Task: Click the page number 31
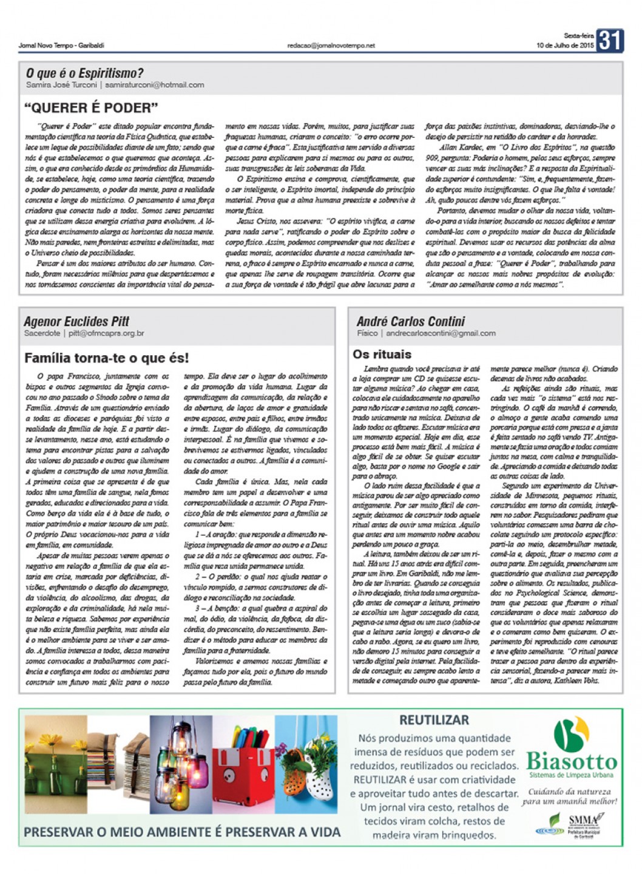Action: click(x=609, y=41)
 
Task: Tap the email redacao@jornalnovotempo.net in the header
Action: click(x=331, y=46)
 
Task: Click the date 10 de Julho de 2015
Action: click(x=564, y=46)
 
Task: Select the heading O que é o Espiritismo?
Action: click(x=84, y=73)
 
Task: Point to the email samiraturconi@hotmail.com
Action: click(x=154, y=85)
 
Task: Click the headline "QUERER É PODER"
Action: click(x=91, y=108)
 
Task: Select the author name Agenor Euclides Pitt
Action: click(x=76, y=321)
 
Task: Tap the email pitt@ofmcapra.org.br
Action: click(x=106, y=333)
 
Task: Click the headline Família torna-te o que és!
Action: click(x=107, y=358)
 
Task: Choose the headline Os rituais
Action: click(x=382, y=355)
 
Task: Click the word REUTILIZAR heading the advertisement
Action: click(x=434, y=721)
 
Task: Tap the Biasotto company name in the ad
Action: click(x=571, y=761)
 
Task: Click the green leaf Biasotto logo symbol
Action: click(x=571, y=733)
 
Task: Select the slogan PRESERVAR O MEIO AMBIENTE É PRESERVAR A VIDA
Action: click(x=182, y=832)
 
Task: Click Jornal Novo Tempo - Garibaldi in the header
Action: click(x=61, y=46)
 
